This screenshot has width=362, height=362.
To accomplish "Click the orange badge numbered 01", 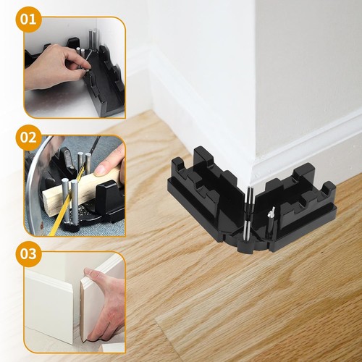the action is point(28,19).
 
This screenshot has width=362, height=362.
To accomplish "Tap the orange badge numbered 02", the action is point(28,138).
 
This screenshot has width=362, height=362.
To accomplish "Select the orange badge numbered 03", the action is point(28,253).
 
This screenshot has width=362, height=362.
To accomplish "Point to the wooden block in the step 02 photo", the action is point(80,190).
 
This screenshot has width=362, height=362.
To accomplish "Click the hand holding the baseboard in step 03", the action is point(104,306).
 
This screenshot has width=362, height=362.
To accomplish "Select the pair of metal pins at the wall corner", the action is point(250,195).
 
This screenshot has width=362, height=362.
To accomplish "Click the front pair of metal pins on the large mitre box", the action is point(247,231).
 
